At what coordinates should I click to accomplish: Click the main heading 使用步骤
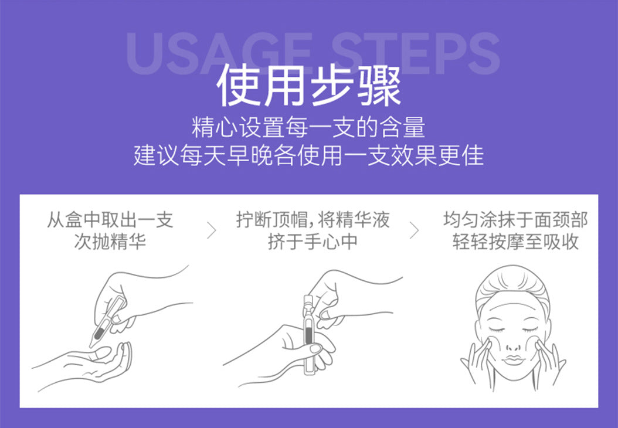click(x=309, y=87)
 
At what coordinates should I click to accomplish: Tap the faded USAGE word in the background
click(x=218, y=54)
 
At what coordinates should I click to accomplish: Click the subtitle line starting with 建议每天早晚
click(x=309, y=156)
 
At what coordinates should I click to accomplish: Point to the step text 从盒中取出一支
click(x=110, y=221)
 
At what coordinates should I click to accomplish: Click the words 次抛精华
click(x=110, y=242)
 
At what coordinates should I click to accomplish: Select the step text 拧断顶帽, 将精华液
click(x=313, y=221)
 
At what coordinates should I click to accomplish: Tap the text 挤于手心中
click(x=313, y=242)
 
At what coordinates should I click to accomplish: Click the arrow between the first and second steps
click(x=212, y=231)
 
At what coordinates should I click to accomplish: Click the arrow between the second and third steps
click(x=414, y=231)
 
